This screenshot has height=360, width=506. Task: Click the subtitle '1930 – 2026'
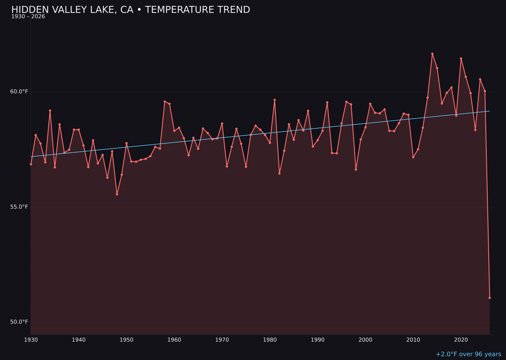(x=28, y=17)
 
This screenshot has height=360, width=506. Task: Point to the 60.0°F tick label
(x=19, y=91)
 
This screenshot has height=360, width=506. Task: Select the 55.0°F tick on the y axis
(x=19, y=207)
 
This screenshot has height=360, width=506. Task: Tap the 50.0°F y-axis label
(x=19, y=322)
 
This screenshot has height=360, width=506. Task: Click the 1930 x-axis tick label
(x=31, y=340)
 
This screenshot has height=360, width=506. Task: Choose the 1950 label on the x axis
(x=126, y=340)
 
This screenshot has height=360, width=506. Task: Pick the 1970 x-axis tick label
(x=222, y=340)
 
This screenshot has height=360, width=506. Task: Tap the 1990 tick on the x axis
(x=318, y=340)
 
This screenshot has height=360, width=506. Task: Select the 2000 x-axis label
(x=365, y=340)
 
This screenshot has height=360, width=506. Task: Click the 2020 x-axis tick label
(x=461, y=340)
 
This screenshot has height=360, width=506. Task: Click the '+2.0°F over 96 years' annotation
(x=468, y=354)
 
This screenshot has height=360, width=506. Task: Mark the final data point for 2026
(x=490, y=298)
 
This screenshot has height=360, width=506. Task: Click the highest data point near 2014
(x=432, y=54)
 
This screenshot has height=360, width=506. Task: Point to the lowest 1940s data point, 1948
(x=117, y=194)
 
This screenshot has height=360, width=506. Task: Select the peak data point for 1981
(x=275, y=100)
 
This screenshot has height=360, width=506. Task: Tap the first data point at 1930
(x=31, y=164)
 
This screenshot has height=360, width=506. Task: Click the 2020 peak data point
(x=461, y=59)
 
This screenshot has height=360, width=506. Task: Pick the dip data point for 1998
(x=356, y=169)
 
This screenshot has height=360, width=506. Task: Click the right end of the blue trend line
(x=490, y=111)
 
